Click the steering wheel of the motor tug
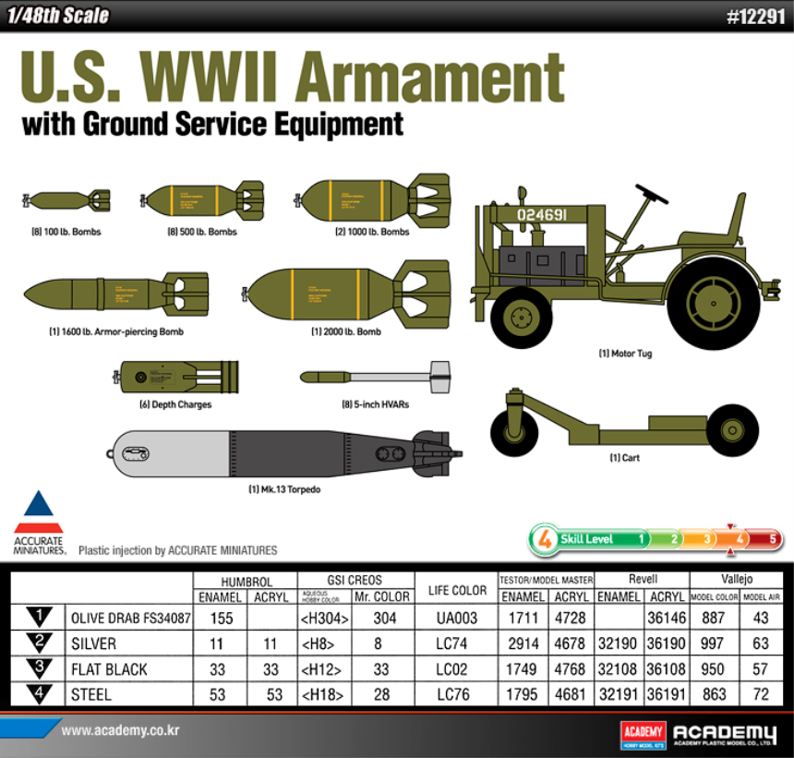point(652,195)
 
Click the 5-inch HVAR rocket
point(377,377)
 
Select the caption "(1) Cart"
point(624,458)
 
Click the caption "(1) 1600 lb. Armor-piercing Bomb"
point(103,331)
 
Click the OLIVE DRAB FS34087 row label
point(129,619)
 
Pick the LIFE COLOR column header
point(457,589)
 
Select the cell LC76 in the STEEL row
point(457,694)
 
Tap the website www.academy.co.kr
point(120,731)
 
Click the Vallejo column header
point(736,579)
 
